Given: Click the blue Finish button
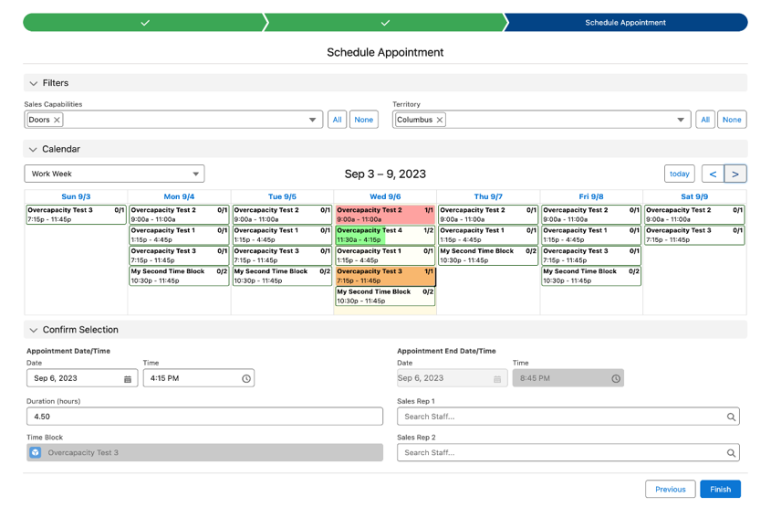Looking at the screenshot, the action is (x=720, y=489).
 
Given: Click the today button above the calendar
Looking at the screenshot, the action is (x=679, y=174).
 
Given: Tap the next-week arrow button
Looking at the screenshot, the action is (x=735, y=174).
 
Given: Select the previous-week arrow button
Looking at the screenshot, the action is (x=713, y=174).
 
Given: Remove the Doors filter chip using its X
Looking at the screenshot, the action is (x=57, y=120).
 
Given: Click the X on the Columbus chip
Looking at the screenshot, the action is (x=440, y=120).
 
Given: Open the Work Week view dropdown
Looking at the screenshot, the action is (x=114, y=174).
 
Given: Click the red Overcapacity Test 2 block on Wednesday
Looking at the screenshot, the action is (x=385, y=215).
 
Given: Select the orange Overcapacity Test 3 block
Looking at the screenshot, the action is (x=385, y=276).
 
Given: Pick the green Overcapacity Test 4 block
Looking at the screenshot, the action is (x=385, y=235).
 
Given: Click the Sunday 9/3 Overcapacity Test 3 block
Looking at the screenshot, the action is (x=76, y=215).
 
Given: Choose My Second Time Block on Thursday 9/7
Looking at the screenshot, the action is (x=488, y=256).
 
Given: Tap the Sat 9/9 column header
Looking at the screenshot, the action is (x=694, y=196).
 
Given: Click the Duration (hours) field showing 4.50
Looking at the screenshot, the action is (x=204, y=417).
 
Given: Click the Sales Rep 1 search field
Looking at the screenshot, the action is (x=568, y=417).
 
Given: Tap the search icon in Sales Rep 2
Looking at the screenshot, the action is (x=731, y=453).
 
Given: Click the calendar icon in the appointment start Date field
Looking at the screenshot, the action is (x=128, y=378).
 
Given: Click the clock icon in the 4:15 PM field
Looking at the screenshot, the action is (x=245, y=378).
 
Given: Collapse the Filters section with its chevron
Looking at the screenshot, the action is (x=34, y=83).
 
